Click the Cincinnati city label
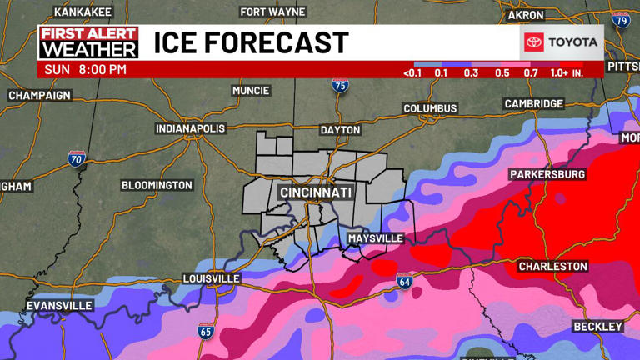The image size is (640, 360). (316, 192)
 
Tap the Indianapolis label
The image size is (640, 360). (191, 128)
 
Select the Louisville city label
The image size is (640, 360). (211, 278)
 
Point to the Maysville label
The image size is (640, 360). (375, 239)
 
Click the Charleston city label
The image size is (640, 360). (552, 267)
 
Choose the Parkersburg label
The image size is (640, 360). (547, 175)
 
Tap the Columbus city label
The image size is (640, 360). (430, 108)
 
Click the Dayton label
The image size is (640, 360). (340, 130)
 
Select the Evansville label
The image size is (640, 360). (58, 306)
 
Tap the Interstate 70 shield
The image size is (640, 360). (76, 158)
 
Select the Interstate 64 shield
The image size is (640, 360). (404, 282)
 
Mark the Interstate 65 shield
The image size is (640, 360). (205, 331)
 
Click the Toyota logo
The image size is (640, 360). (562, 42)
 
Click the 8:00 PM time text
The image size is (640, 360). (102, 70)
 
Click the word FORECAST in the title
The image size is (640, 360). (280, 42)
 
